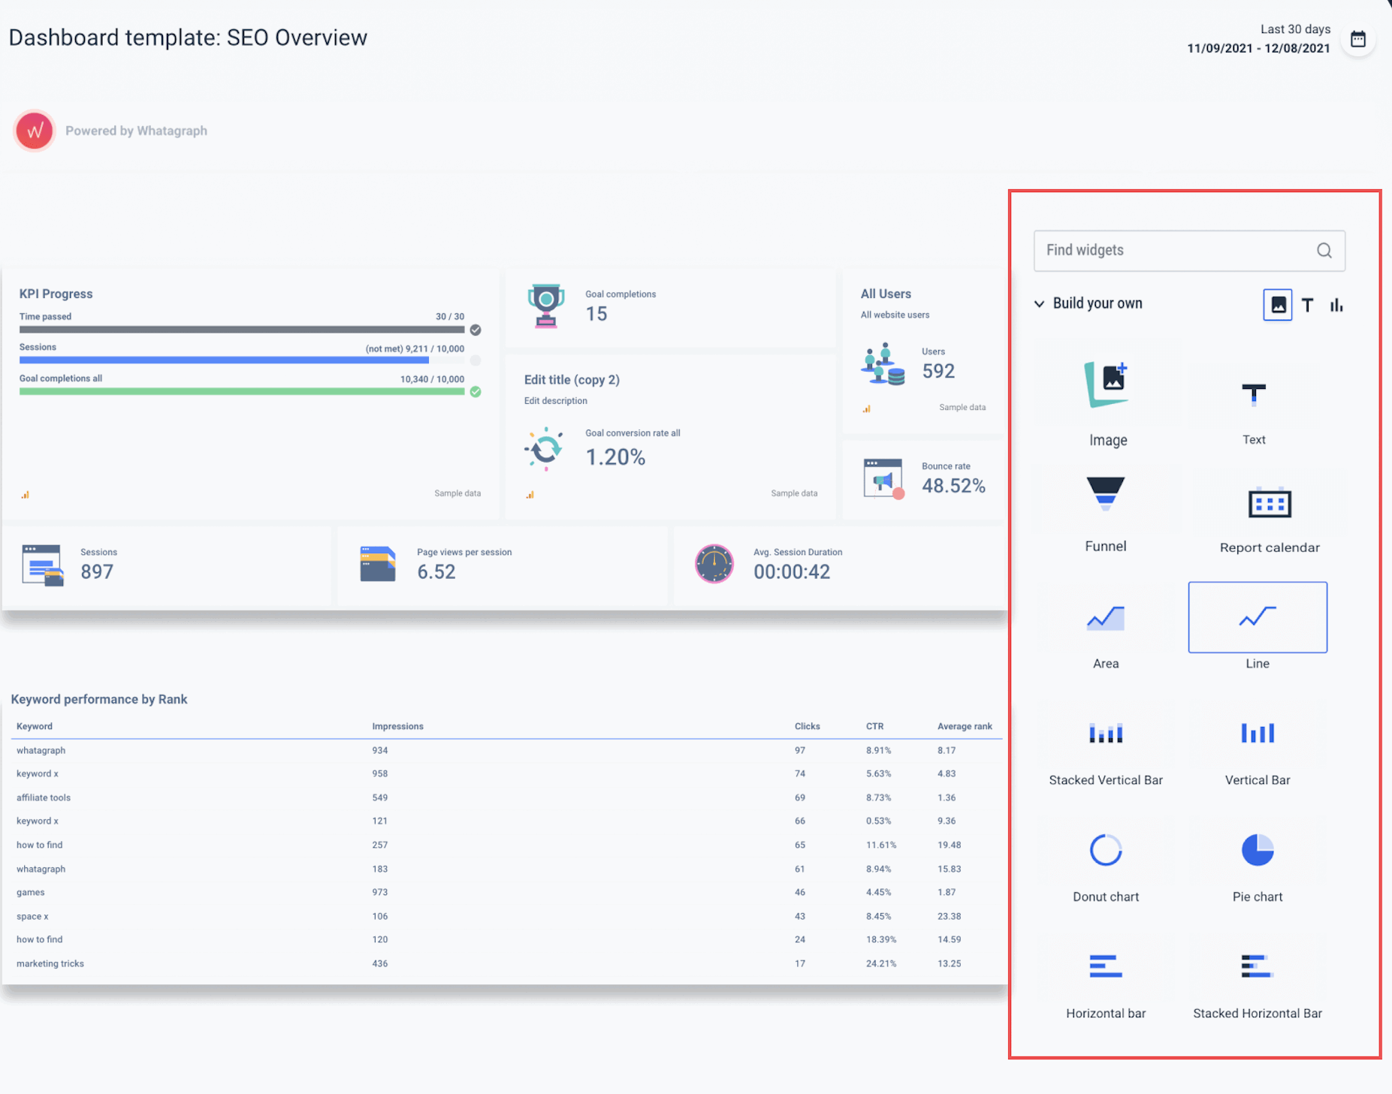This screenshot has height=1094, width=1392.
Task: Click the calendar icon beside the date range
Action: coord(1357,39)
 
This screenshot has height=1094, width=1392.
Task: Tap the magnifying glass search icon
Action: coord(1324,251)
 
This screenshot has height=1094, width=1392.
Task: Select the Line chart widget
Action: coord(1257,617)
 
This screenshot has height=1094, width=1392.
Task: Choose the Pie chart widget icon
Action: coord(1257,850)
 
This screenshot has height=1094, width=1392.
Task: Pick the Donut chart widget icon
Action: coord(1105,850)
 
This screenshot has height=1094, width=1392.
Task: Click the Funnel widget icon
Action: coord(1105,494)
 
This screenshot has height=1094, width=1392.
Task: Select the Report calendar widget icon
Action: coord(1269,503)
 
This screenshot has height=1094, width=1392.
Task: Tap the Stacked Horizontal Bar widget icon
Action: coord(1257,966)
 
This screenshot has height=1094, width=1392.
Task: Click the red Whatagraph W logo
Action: coord(35,131)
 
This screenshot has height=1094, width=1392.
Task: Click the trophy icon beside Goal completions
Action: coord(546,306)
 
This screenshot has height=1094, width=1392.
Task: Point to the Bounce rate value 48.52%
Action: coord(953,486)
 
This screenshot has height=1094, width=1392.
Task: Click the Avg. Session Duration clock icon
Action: coord(714,563)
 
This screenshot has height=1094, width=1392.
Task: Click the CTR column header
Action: coord(874,726)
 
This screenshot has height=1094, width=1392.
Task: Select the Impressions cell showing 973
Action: coord(380,892)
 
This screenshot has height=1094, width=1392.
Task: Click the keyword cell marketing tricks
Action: coord(50,963)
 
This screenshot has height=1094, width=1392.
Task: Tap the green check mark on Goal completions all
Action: coord(476,391)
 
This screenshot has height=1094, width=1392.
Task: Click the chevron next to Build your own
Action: coord(1039,304)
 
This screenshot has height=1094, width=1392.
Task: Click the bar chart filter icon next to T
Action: coord(1336,305)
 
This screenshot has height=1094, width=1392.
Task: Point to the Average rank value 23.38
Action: coord(949,916)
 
